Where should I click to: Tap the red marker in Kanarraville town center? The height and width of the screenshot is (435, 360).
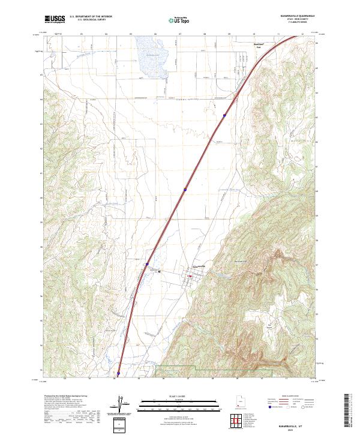(190, 276)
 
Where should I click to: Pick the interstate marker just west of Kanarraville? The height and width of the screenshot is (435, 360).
(146, 263)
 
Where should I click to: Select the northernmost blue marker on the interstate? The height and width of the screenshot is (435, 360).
(225, 115)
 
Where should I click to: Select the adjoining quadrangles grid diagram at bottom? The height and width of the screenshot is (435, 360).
(239, 419)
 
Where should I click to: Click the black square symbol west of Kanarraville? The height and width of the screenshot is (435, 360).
(159, 272)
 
